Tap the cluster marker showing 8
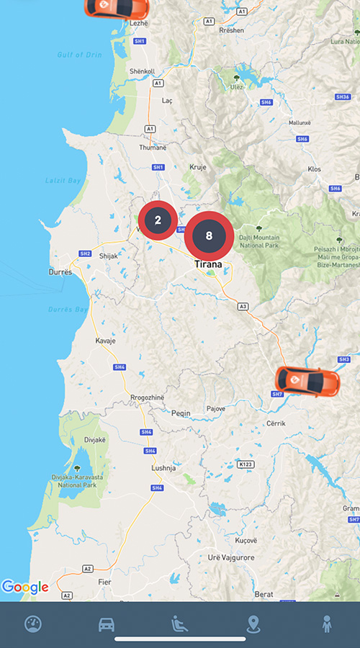click(209, 235)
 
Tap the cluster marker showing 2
click(158, 220)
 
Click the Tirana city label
click(211, 264)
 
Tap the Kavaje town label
click(105, 341)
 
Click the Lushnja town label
click(163, 467)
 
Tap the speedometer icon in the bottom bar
click(33, 624)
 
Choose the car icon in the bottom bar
click(107, 624)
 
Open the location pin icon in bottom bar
click(253, 624)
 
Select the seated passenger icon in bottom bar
click(179, 624)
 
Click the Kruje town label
click(197, 166)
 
